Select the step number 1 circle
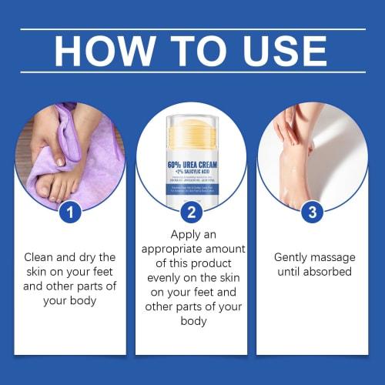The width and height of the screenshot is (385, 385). pos(70,213)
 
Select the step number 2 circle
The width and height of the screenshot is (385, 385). pos(192,213)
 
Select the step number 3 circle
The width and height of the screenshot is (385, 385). pos(312,213)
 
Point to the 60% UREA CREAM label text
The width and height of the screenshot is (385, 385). pos(192,163)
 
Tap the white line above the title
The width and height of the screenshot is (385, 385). pos(192,28)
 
